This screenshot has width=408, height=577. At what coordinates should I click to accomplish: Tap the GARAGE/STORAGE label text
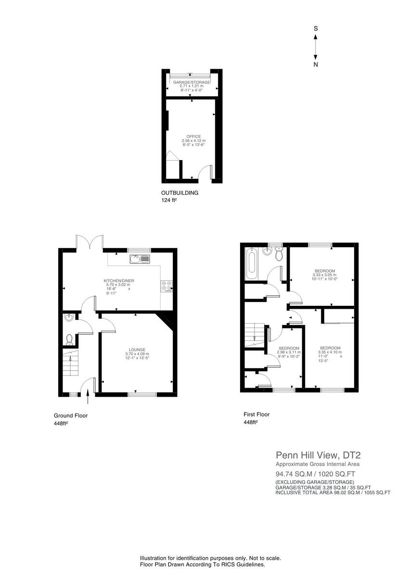click(191, 82)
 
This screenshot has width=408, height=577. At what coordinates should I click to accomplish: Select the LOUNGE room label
click(137, 350)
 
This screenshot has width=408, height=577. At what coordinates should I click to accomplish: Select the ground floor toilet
click(69, 339)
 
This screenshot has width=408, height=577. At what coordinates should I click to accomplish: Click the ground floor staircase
click(70, 364)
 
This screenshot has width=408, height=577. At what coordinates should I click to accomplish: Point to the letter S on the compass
click(316, 29)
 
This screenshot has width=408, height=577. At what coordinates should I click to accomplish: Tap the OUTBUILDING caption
click(179, 193)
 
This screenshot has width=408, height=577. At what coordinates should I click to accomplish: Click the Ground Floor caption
click(70, 415)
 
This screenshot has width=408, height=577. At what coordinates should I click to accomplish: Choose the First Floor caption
click(257, 414)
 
